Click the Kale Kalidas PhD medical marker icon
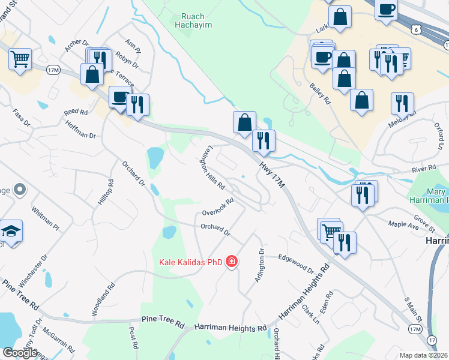coord(232,262)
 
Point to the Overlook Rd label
coord(217,208)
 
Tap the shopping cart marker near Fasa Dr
coord(20,59)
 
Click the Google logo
coord(20,353)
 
